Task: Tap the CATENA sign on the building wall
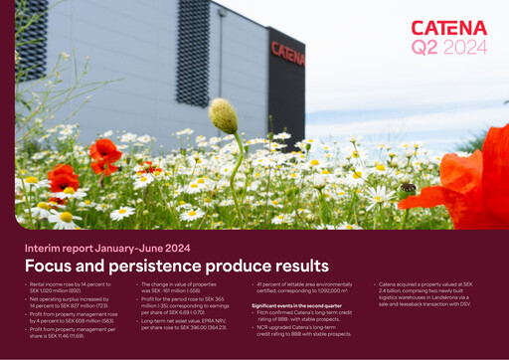pos(286,52)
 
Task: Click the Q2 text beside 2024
pos(424,46)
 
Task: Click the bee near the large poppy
pos(409,188)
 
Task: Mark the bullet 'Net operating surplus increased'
pos(70,304)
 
